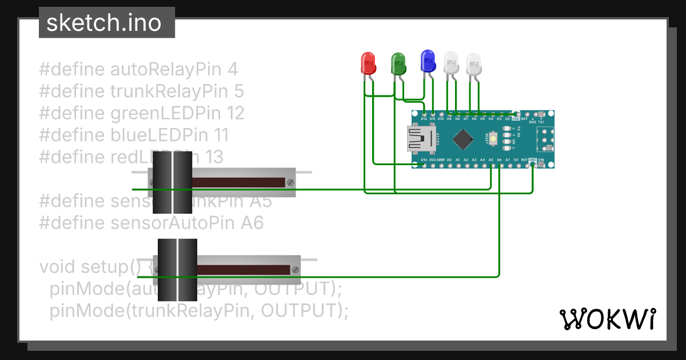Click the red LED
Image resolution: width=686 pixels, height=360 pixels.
(368, 62)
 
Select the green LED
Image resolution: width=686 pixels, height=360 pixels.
(398, 62)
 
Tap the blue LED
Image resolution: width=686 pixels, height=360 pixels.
(428, 61)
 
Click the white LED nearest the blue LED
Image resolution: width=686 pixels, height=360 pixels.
(451, 62)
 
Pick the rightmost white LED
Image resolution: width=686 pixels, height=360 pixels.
(474, 62)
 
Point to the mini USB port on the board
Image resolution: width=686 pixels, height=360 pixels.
(420, 139)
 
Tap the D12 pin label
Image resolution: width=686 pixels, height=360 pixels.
(424, 119)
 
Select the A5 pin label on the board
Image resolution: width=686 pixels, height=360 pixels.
(491, 160)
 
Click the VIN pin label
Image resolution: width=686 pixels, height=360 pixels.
(541, 160)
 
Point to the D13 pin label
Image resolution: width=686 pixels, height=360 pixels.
(424, 160)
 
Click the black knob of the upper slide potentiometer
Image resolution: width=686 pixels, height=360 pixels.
(170, 182)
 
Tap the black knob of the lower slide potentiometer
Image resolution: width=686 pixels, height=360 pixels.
(177, 270)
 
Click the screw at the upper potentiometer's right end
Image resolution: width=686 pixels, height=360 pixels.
(290, 183)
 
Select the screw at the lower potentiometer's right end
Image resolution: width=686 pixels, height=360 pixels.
(295, 270)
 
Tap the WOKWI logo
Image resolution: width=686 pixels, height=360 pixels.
(607, 318)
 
